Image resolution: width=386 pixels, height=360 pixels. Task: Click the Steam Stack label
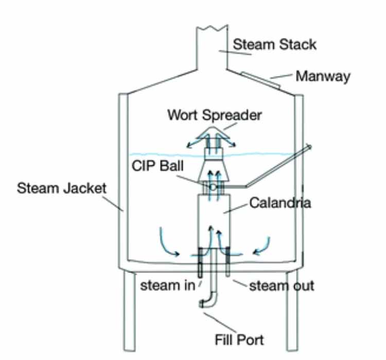[274, 44]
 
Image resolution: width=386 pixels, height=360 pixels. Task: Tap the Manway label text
[323, 77]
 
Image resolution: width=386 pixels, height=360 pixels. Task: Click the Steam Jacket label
[61, 188]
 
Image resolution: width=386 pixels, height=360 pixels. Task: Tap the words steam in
[167, 286]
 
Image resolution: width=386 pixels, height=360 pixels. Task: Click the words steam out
[281, 285]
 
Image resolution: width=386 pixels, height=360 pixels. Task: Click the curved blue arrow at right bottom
[262, 245]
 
